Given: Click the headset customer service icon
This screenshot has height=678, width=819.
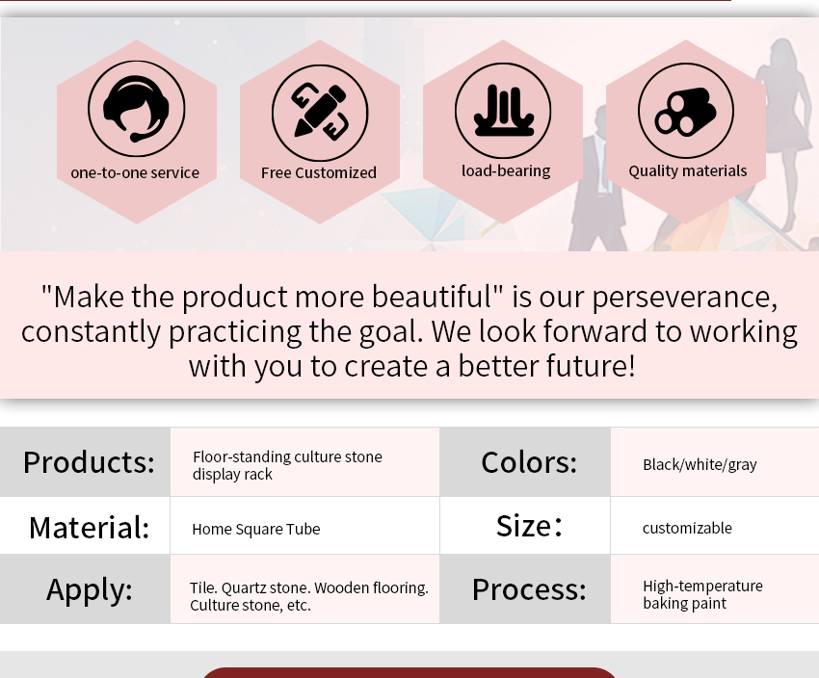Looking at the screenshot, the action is [x=136, y=109].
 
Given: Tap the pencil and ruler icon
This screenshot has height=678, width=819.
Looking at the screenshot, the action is [x=320, y=113].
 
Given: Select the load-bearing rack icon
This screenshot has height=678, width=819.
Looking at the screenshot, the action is [x=503, y=111].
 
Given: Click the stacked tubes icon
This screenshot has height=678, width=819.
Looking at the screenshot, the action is [x=686, y=111].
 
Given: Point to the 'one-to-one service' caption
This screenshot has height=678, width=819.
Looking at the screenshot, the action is [x=135, y=172].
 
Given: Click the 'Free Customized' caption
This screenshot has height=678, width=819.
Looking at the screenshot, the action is [x=319, y=172].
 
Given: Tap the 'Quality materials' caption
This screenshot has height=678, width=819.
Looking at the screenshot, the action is [x=688, y=171].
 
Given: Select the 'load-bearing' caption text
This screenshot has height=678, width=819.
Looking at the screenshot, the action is [x=506, y=170].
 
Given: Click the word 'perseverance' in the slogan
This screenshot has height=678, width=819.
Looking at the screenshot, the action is [x=684, y=298].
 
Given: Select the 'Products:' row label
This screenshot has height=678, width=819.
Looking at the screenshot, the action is [x=89, y=462].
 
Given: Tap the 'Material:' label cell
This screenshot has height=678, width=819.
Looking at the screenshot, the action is [x=90, y=527].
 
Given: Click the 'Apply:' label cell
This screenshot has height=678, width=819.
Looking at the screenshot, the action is [x=90, y=589].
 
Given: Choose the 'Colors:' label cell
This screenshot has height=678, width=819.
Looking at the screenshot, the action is [x=529, y=462].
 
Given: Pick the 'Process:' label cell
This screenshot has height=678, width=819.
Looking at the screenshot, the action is [x=529, y=589].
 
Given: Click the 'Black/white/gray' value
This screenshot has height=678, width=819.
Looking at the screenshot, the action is [x=700, y=464].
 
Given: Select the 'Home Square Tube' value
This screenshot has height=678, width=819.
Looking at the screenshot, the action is [x=256, y=530].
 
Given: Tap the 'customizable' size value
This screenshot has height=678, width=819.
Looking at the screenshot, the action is [x=687, y=528].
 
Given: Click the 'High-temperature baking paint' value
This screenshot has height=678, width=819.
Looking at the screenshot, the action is [x=702, y=594].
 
